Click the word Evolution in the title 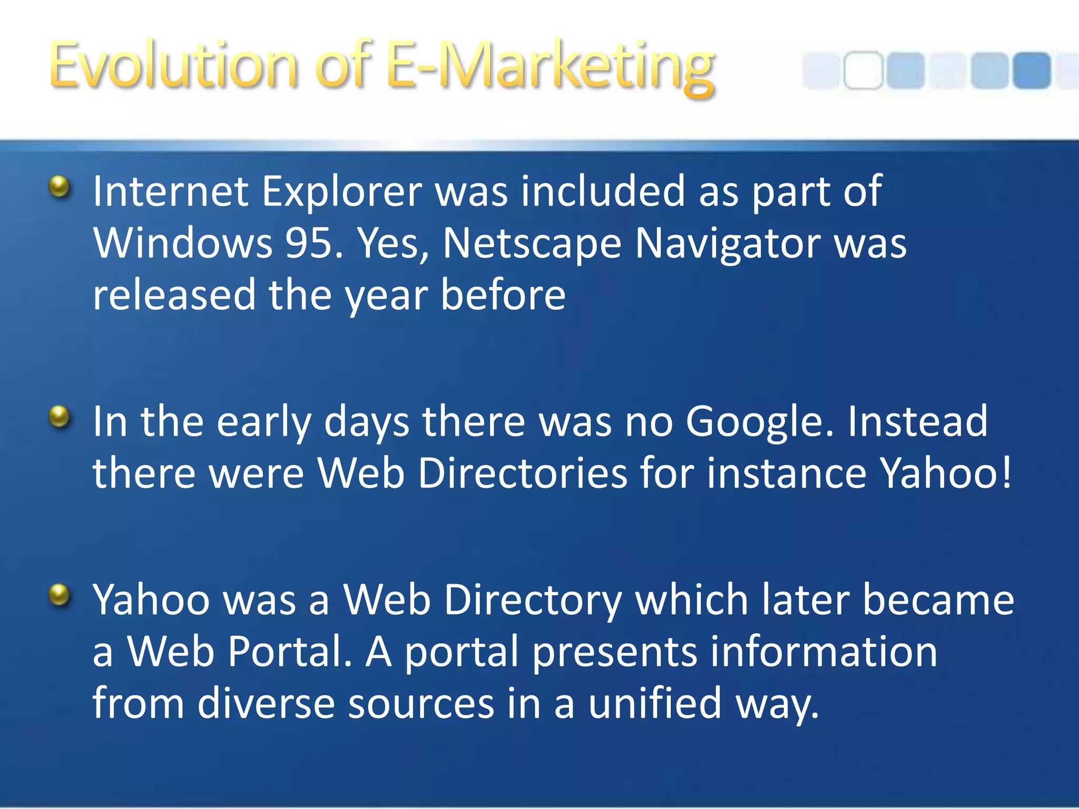tap(173, 66)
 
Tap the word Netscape tap(532, 244)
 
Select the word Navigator tap(728, 244)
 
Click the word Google tap(759, 422)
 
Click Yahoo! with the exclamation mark tap(946, 473)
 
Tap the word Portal tap(290, 652)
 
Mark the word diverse tap(266, 704)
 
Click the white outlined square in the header tap(863, 70)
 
